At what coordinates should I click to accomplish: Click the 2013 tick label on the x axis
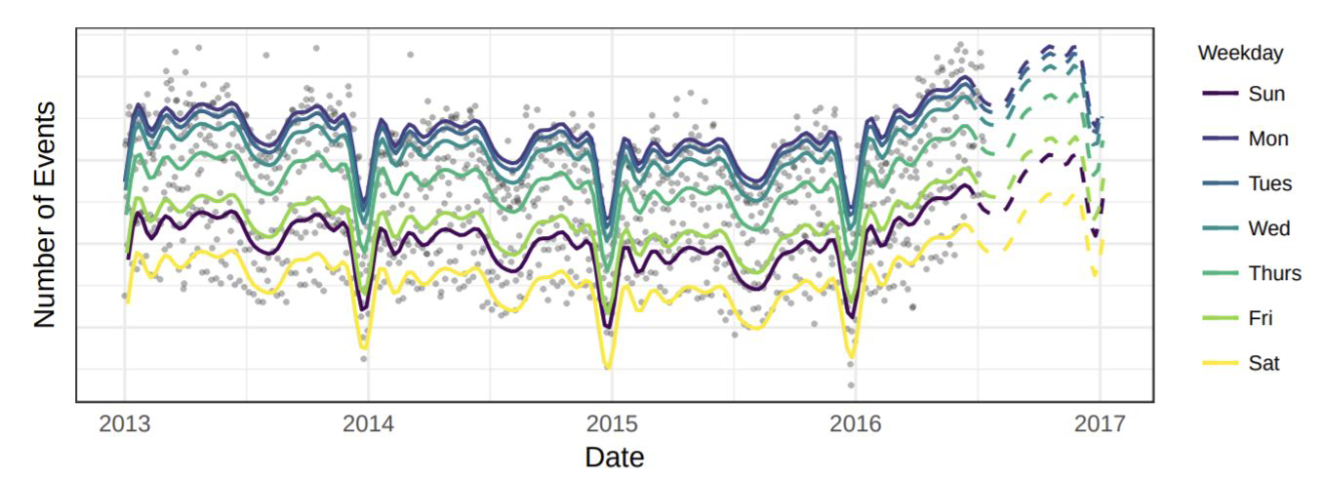125,424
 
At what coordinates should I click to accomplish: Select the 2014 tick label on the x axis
368,424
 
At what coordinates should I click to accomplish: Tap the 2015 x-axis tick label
612,424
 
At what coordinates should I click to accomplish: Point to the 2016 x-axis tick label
855,424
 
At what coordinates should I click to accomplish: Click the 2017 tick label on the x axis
1099,424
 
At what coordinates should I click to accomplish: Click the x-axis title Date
614,457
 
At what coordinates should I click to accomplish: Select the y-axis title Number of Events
45,215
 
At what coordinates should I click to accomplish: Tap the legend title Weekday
1240,53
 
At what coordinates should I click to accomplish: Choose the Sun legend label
1266,95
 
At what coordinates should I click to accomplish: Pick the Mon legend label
1268,140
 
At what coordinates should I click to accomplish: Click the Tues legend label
1270,183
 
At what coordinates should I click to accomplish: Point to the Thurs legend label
1275,273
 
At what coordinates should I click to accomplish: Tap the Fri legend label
1261,318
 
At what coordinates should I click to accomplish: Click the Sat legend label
1264,363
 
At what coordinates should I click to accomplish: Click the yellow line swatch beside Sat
1220,363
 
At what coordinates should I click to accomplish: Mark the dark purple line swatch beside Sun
1220,95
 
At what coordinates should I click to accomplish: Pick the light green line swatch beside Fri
1220,318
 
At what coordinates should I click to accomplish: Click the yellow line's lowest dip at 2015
607,367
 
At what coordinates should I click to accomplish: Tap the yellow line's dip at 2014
364,346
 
